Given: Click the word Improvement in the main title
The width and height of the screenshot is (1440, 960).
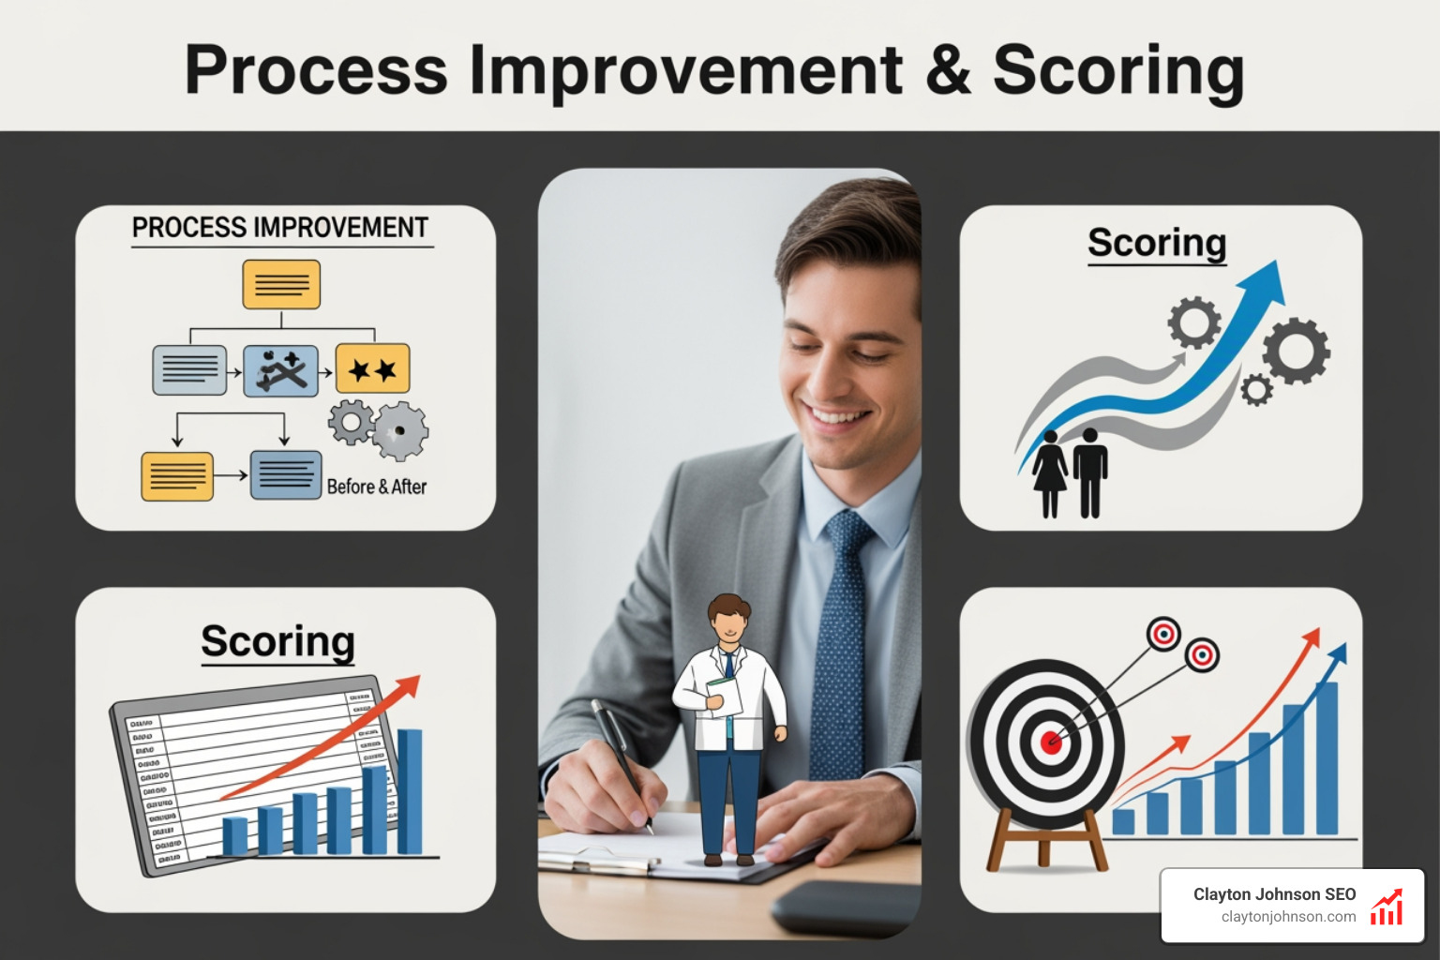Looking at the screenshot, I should coord(685,71).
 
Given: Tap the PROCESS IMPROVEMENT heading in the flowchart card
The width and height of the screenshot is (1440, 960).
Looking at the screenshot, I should coord(279,228).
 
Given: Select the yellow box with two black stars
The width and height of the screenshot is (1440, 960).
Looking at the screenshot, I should coord(372,369).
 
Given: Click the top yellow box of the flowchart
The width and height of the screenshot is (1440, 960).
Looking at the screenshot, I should coord(281,284).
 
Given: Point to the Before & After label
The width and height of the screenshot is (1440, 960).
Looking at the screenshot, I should coord(376,487).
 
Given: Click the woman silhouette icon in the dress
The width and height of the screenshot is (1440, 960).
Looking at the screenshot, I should coord(1050,473).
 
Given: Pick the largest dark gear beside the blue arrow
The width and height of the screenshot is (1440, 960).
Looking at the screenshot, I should coord(1296,351).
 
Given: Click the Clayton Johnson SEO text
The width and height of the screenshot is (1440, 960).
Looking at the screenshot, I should coord(1274,894).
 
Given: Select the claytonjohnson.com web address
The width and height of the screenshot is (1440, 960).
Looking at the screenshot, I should coord(1288,917).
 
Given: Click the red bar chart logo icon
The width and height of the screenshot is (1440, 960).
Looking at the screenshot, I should coord(1387,907).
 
